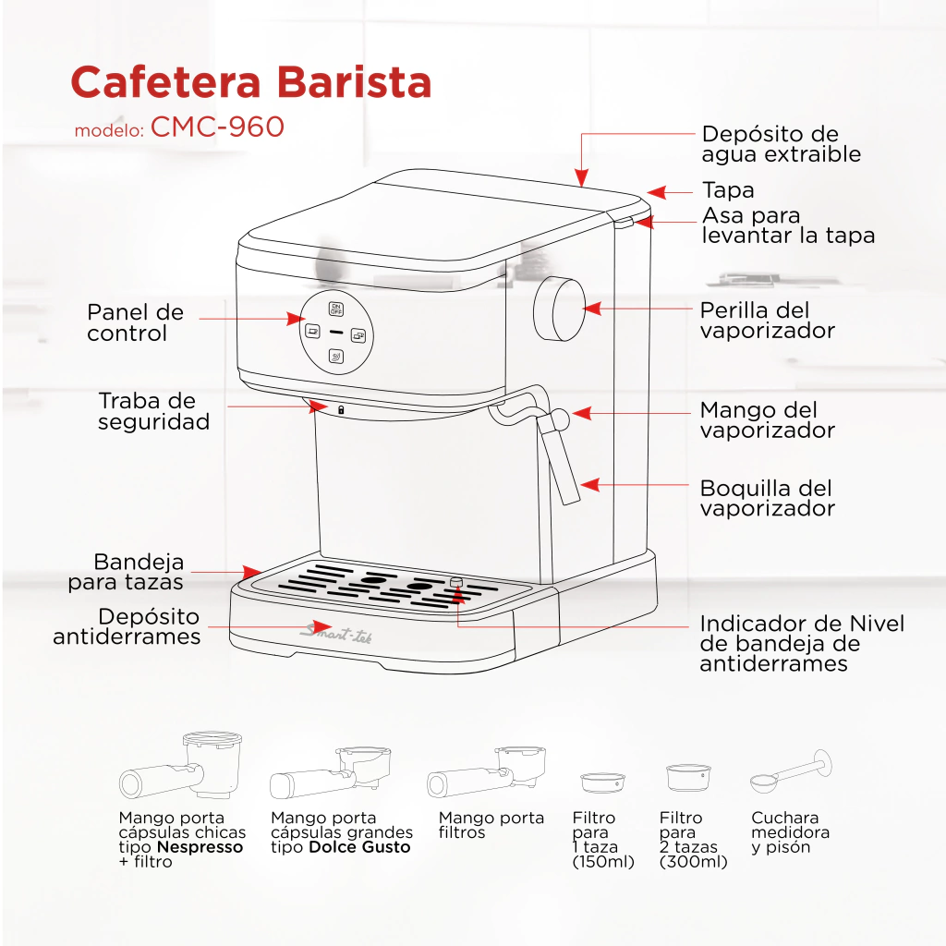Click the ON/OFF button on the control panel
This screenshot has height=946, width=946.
(x=336, y=309)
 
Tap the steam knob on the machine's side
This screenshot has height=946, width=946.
(x=559, y=309)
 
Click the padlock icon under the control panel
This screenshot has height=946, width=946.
(x=341, y=410)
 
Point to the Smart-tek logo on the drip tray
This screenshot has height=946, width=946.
(x=336, y=634)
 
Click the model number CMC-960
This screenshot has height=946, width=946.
(x=217, y=127)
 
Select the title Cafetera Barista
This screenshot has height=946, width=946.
(x=251, y=82)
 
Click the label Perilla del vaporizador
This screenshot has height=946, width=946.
(x=768, y=321)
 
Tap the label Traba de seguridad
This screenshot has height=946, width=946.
(x=154, y=411)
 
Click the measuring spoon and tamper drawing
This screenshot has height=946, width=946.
(x=791, y=771)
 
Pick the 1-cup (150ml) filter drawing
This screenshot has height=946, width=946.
(x=602, y=782)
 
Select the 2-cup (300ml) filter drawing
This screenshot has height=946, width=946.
(x=688, y=778)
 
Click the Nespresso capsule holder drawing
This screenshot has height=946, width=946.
(x=181, y=766)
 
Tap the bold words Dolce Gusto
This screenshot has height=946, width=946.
(x=359, y=847)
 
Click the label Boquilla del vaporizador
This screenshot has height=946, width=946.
(x=768, y=498)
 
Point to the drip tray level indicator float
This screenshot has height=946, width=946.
(x=456, y=582)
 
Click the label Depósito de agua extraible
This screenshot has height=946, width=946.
(x=782, y=143)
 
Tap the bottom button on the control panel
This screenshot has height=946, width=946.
(x=336, y=357)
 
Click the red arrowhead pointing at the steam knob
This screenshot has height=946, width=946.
(x=592, y=309)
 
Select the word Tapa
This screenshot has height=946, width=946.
(x=728, y=190)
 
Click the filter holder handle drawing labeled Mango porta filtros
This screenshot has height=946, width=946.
(x=486, y=773)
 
